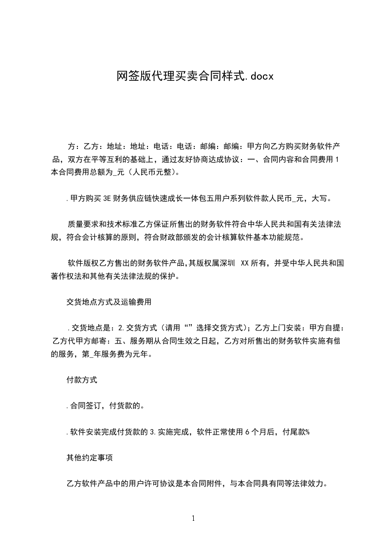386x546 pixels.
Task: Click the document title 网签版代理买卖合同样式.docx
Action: [193, 76]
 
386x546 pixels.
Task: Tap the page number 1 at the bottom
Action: [193, 518]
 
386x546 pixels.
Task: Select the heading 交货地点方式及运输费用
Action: [109, 302]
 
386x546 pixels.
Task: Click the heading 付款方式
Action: [81, 380]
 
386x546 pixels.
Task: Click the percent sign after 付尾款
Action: [308, 432]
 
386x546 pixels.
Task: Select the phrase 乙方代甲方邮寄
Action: [78, 341]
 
